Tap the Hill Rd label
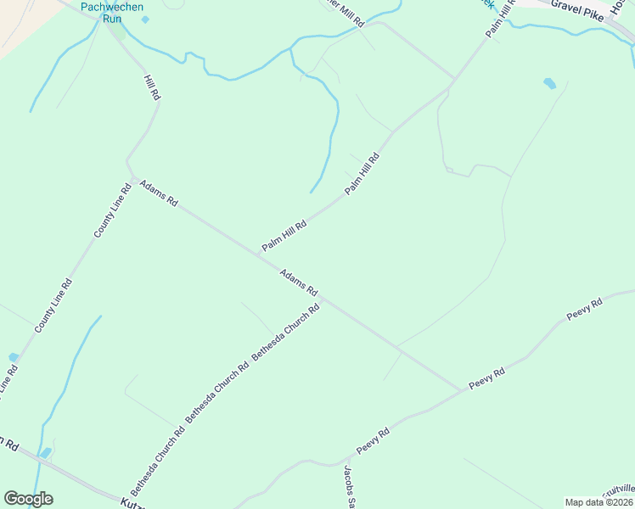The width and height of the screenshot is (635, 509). [152, 88]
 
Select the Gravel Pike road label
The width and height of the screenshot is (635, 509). [576, 9]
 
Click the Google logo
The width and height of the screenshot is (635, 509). [28, 499]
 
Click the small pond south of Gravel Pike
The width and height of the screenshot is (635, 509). [549, 83]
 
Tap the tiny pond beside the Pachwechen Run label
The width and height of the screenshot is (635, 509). [145, 20]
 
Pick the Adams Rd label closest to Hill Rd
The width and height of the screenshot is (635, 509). [159, 193]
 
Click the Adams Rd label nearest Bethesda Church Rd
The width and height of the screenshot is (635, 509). [299, 282]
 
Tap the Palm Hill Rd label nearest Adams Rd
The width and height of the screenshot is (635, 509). [284, 232]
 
